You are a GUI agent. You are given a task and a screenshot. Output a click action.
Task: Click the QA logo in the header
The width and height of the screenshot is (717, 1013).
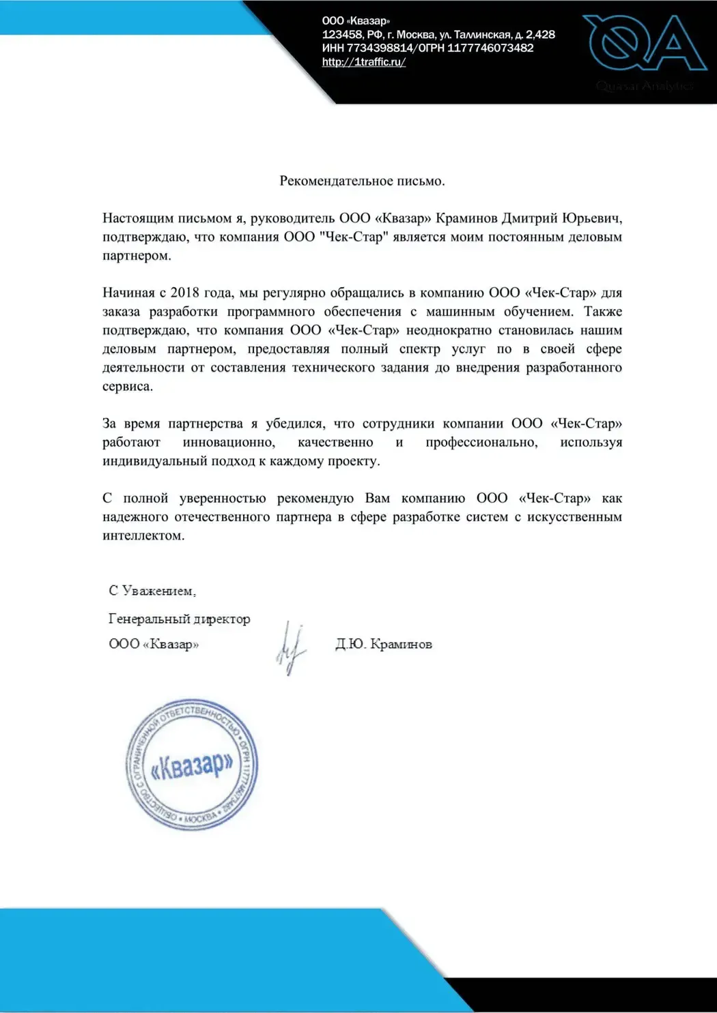coord(644,43)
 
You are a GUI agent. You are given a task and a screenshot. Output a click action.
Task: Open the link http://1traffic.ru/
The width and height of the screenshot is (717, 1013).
coord(364,62)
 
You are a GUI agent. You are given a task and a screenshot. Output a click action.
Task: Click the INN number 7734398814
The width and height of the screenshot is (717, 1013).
coord(379,48)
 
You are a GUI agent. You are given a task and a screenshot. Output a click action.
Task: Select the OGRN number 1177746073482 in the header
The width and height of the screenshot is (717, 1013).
coord(490,48)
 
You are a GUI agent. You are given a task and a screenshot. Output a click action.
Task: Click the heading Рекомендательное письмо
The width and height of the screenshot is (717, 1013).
coord(362,181)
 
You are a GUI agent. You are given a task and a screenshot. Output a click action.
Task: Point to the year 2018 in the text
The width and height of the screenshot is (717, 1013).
coord(184,293)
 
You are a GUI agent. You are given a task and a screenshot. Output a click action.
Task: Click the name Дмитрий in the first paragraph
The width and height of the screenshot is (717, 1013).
coord(530,218)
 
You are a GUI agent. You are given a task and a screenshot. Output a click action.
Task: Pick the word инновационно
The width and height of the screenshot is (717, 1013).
coord(229,442)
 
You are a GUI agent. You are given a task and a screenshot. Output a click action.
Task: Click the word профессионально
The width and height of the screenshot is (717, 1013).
coord(481,442)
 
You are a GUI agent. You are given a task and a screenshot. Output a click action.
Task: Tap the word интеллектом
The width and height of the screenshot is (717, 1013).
coord(143,535)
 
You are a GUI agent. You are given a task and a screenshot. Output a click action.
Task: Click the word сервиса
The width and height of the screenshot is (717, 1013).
coord(128,386)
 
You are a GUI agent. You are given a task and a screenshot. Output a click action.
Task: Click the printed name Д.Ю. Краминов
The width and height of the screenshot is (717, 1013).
coord(384,644)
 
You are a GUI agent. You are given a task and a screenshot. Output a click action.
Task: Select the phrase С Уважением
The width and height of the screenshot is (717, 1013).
coord(152,591)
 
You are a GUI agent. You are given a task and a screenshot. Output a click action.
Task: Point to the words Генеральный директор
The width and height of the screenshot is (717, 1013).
coord(180,619)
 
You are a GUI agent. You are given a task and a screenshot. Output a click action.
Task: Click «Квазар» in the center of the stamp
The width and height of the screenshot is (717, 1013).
coord(192,765)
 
